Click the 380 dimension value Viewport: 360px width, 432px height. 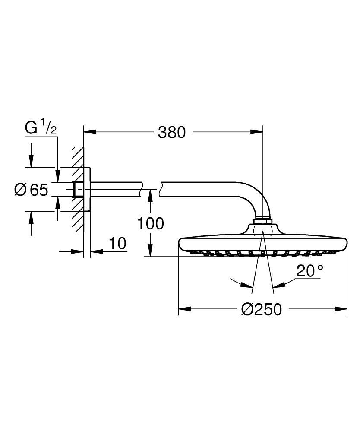[171, 132]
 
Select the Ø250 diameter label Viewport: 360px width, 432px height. [261, 309]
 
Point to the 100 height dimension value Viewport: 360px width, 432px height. [150, 223]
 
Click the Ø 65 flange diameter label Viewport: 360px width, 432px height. [32, 189]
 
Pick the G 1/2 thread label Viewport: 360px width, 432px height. [41, 128]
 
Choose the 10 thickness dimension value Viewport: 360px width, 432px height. [117, 243]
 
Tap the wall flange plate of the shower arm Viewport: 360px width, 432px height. [88, 189]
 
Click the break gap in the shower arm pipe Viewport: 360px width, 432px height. [151, 189]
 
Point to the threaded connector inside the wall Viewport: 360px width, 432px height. [79, 189]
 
